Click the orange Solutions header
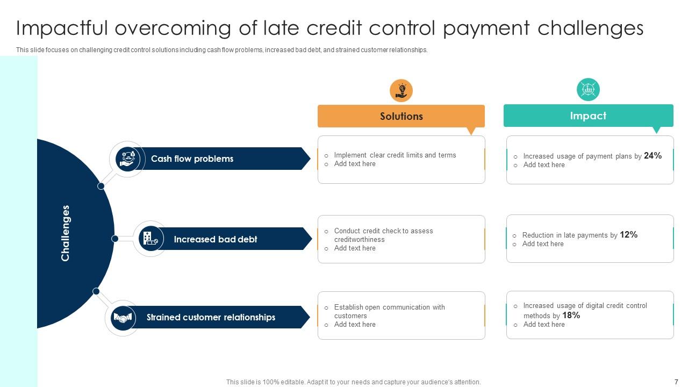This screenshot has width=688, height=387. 401,116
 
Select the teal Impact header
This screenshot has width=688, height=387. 588,116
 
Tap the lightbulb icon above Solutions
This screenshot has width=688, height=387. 401,90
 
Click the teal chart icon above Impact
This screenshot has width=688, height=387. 588,89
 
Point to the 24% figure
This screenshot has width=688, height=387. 653,155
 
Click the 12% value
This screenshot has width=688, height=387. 628,234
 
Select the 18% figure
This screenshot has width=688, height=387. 571,316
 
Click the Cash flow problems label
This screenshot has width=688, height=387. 192,159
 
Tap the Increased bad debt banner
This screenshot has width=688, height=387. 215,239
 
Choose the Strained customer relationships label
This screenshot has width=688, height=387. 211,317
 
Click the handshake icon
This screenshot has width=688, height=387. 123,318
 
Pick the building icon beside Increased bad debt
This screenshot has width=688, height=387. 150,238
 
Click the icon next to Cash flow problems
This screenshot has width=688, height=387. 127,159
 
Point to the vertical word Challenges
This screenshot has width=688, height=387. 66,233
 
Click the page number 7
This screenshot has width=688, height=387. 676,382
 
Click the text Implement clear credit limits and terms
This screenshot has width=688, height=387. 395,155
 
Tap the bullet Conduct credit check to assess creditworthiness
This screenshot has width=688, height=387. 383,235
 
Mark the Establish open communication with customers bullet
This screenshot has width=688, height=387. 389,311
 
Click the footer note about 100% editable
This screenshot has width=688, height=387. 353,382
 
